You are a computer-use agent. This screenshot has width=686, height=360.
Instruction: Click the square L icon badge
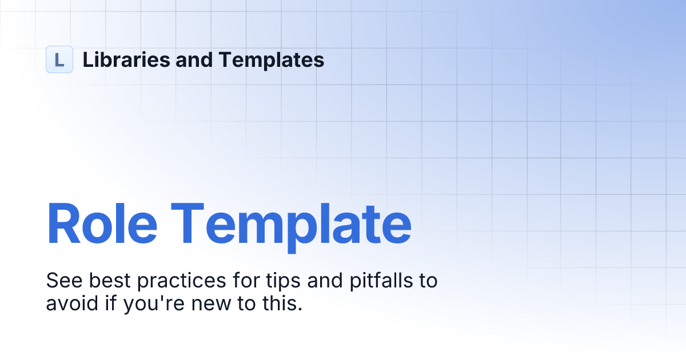(x=59, y=59)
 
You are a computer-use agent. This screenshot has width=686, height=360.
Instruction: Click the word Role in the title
(x=102, y=223)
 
